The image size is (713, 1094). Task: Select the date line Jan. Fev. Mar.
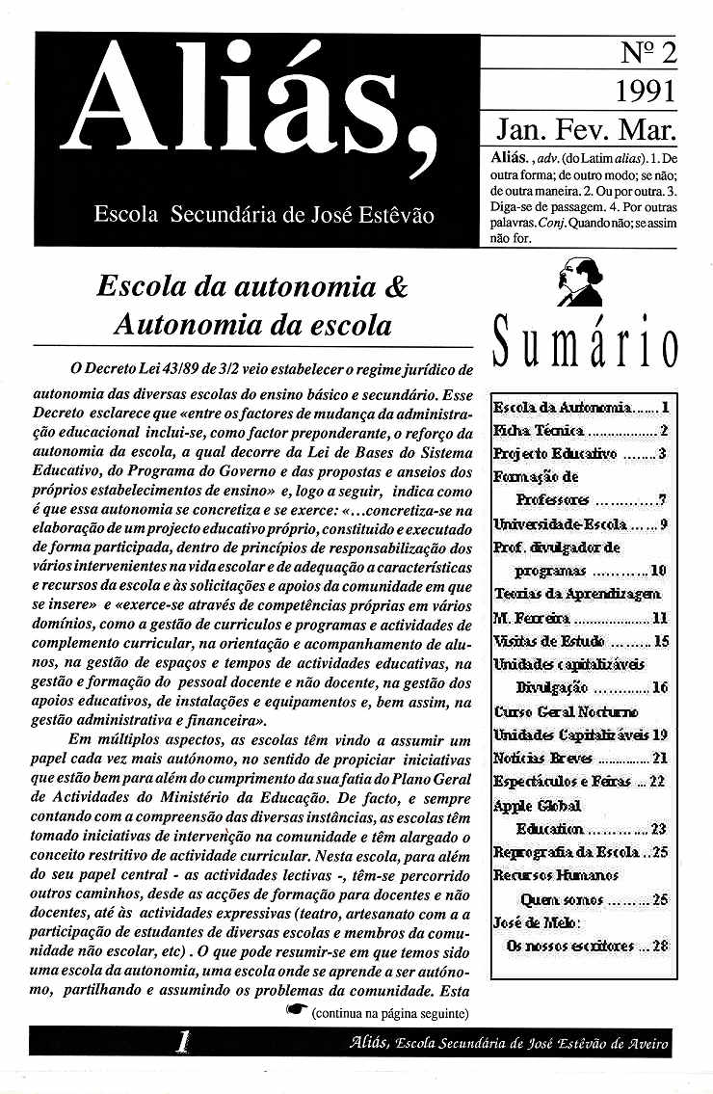click(585, 129)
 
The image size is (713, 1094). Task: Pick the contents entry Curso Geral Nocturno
click(567, 711)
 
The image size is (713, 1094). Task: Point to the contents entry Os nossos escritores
click(587, 946)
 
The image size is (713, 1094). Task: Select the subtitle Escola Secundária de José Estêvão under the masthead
click(263, 214)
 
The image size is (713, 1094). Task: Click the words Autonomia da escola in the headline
click(252, 325)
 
